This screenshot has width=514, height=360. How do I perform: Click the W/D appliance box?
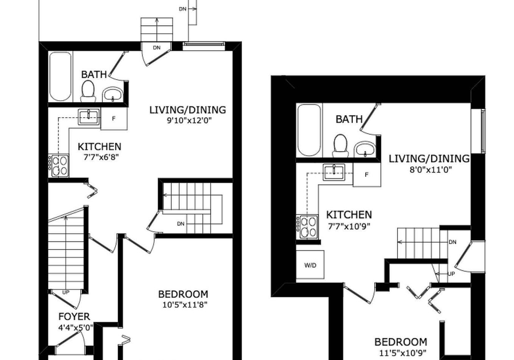[x=310, y=265]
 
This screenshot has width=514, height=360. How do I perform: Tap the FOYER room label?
[x=74, y=317]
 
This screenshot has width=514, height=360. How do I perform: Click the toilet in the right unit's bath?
[x=341, y=146]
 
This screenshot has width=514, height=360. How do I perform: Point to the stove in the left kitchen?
[x=59, y=166]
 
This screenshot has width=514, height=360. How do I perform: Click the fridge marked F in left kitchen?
[x=114, y=118]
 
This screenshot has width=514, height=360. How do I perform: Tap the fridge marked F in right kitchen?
[x=367, y=175]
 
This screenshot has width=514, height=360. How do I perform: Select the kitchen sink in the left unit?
[x=88, y=117]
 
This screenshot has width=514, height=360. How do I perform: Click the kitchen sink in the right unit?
[x=334, y=172]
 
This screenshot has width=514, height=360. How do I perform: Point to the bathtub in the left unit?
[x=61, y=77]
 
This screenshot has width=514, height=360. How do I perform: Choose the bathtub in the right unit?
[x=309, y=130]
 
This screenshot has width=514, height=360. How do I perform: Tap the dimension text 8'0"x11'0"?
[x=429, y=169]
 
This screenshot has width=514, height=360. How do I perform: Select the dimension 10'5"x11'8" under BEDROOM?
[x=185, y=305]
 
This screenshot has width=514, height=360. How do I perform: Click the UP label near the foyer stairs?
[x=65, y=292]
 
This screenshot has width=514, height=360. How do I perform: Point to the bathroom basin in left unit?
[x=113, y=95]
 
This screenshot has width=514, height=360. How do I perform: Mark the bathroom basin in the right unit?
[x=365, y=149]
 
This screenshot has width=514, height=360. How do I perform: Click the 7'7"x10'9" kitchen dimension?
[x=349, y=226]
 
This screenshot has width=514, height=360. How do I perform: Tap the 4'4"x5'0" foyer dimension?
[x=76, y=327]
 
